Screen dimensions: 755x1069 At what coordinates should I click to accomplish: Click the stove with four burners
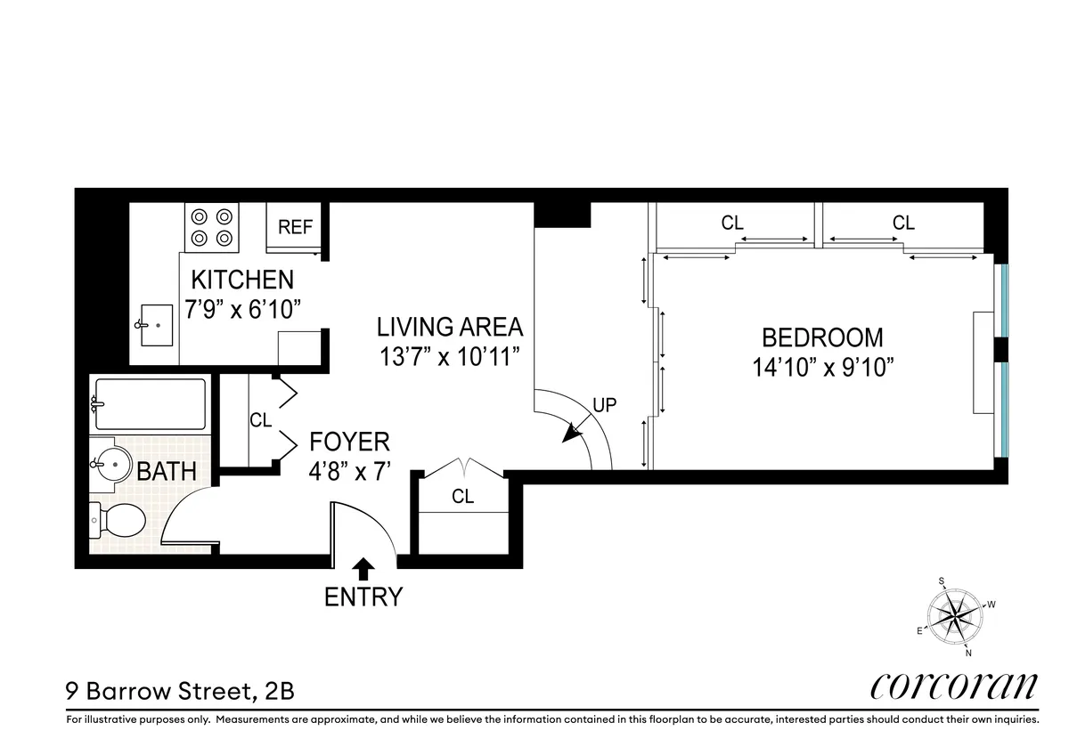click(x=212, y=227)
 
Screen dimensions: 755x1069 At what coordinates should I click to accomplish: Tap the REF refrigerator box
click(x=295, y=229)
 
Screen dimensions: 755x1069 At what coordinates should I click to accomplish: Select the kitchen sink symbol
click(x=157, y=327)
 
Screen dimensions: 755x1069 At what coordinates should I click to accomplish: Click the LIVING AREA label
click(x=449, y=326)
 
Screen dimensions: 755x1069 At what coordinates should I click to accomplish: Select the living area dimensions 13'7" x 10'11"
click(x=448, y=356)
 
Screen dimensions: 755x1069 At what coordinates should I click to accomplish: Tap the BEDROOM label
click(x=822, y=337)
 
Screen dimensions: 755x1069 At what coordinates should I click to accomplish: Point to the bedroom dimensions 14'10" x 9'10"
click(x=822, y=367)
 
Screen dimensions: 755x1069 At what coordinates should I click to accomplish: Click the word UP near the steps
click(x=604, y=403)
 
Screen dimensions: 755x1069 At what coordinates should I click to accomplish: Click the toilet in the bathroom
click(x=118, y=520)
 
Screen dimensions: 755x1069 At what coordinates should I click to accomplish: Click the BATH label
click(x=167, y=471)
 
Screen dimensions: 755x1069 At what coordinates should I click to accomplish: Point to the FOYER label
click(x=349, y=442)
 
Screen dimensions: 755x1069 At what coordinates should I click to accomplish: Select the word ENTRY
click(x=363, y=597)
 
